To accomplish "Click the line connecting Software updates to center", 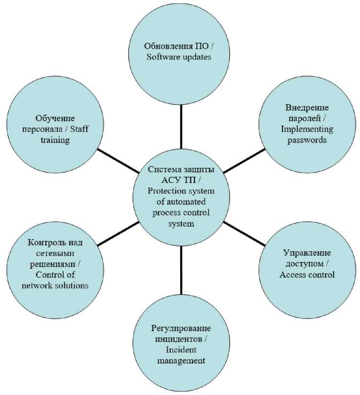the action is [x=181, y=126].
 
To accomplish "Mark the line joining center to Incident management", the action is [x=181, y=270].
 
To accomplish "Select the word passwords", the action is [x=307, y=140].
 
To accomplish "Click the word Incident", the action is [x=181, y=350].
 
